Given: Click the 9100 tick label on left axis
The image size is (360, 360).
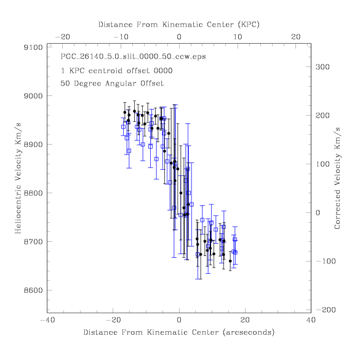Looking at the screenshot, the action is coord(33,47).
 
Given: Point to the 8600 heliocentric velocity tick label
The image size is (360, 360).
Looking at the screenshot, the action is coord(33,290).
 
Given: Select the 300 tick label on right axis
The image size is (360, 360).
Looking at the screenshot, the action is coord(322,67).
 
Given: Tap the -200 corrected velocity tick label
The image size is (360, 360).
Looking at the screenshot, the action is coord(326,310).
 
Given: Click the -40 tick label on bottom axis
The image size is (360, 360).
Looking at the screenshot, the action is coord(47,320).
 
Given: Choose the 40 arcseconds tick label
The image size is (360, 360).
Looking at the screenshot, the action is coord(311,320).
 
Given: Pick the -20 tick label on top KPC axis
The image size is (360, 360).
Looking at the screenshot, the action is coord(62,37).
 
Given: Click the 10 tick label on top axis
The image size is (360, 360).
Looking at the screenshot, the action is coord(238,37).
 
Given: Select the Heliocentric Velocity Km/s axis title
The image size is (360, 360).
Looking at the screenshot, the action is coord(18,178).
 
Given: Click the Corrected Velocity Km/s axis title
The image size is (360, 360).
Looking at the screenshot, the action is coord(337,178).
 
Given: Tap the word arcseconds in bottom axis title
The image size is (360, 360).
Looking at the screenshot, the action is coord(249,332).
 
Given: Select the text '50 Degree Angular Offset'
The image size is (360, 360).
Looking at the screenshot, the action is coord(112,83).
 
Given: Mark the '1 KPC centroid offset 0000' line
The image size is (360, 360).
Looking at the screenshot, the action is coord(116,71).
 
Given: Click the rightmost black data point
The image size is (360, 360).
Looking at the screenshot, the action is coord(230,261).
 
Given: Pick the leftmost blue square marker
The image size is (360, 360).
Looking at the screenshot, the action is coord(123,127).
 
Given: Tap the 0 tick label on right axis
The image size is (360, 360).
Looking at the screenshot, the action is coord(318,213).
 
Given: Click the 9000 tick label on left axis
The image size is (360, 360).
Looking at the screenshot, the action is coord(33,96).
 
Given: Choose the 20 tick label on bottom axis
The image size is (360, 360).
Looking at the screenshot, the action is coord(245,320).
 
